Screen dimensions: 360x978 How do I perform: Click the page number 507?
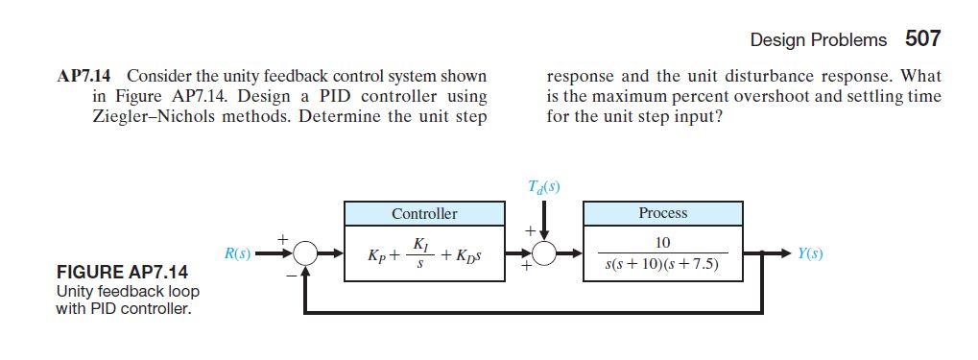[922, 39]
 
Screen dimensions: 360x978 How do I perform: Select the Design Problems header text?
[818, 40]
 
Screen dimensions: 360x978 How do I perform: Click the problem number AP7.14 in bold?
[88, 76]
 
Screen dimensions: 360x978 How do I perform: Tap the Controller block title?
[424, 213]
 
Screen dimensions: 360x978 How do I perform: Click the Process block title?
[662, 212]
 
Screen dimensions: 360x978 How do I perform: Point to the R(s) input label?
[237, 254]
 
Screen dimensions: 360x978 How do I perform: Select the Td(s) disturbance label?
[543, 186]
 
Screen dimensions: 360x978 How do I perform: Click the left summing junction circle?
[305, 254]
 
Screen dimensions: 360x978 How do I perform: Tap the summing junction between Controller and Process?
[544, 254]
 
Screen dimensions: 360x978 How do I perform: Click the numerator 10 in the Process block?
[662, 243]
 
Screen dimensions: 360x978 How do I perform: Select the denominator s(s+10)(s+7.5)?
[662, 264]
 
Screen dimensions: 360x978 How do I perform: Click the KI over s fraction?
[418, 254]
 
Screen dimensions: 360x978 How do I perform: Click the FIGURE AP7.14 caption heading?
[122, 273]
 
